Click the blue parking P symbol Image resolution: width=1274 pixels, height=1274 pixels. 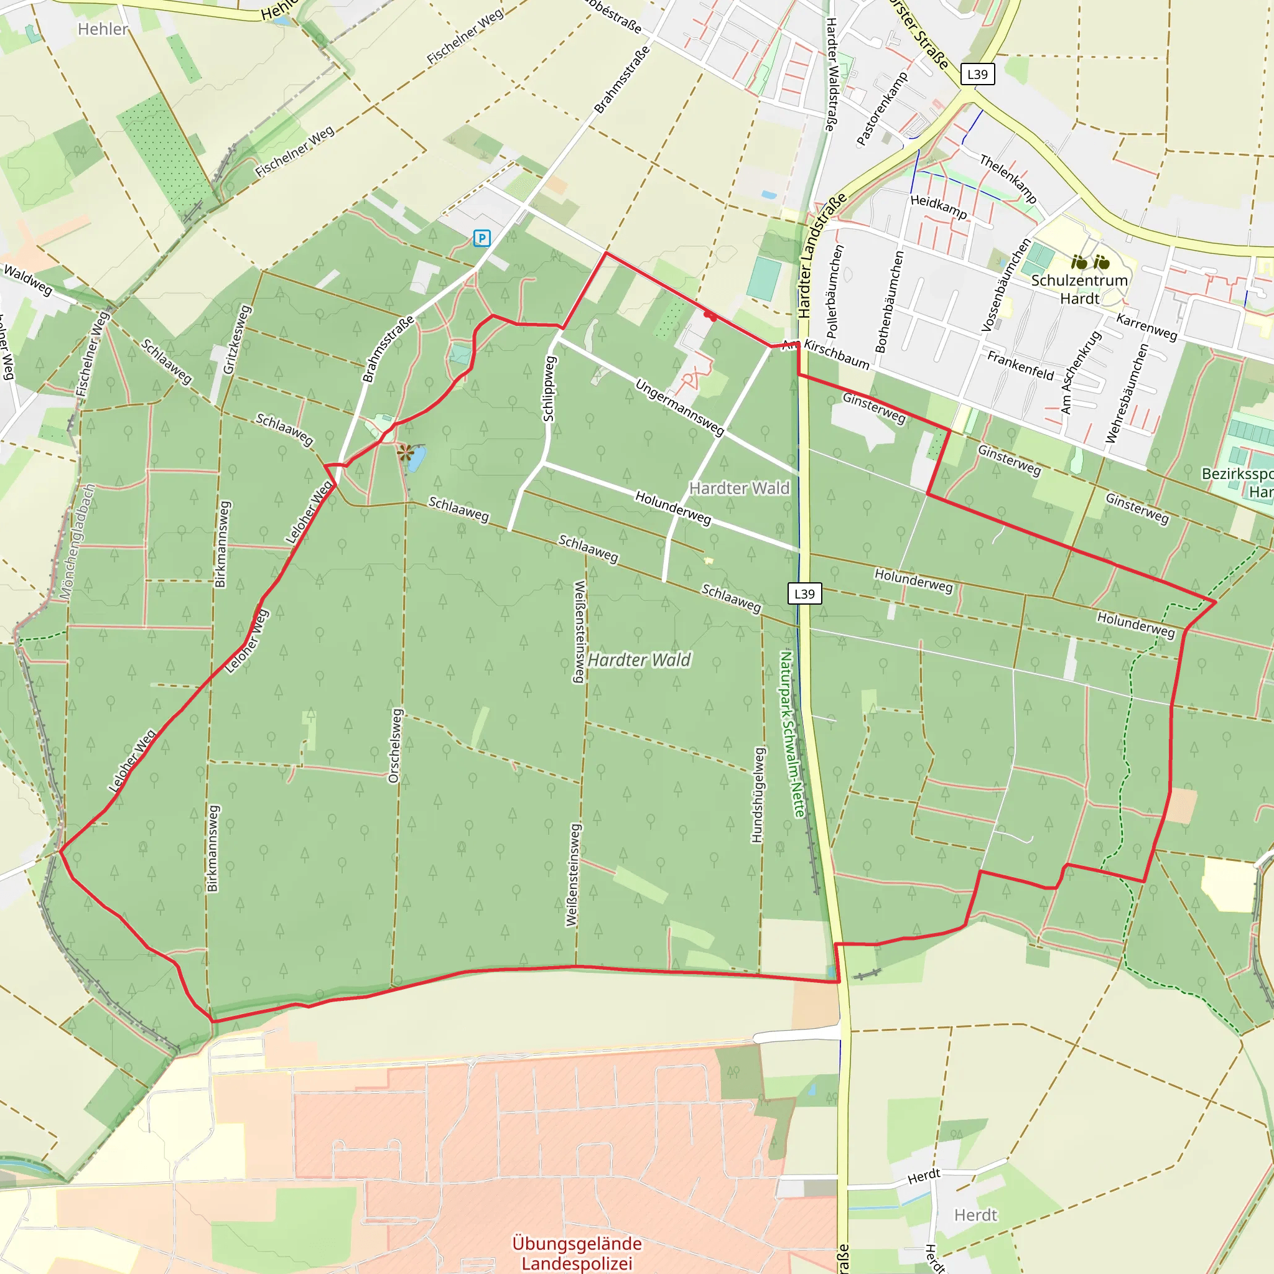click(x=482, y=238)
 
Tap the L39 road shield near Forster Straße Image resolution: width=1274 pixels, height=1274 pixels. click(x=977, y=74)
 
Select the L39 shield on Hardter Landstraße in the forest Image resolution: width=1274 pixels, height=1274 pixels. click(x=804, y=593)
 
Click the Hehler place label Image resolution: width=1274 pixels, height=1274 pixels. click(x=103, y=29)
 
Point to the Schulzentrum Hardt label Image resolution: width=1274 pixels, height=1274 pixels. click(x=1079, y=289)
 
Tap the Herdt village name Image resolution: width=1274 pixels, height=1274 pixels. click(x=976, y=1215)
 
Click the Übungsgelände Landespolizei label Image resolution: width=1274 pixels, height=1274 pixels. click(x=577, y=1253)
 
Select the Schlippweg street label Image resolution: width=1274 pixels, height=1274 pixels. click(x=549, y=389)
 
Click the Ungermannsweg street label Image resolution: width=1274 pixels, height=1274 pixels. click(x=679, y=406)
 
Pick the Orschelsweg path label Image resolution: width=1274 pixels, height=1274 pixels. click(x=394, y=746)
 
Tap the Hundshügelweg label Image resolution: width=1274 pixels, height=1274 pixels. click(x=758, y=794)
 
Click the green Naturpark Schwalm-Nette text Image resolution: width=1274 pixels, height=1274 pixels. click(x=791, y=734)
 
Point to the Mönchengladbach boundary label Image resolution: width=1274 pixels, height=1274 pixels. click(x=78, y=542)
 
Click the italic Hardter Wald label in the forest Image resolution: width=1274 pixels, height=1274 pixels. click(x=639, y=660)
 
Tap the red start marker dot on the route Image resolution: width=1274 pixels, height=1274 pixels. click(x=710, y=317)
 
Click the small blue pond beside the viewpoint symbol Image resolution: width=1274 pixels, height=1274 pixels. click(x=416, y=459)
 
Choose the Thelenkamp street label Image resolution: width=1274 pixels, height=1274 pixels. click(x=1008, y=179)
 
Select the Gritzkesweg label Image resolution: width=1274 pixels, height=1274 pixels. click(x=237, y=339)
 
